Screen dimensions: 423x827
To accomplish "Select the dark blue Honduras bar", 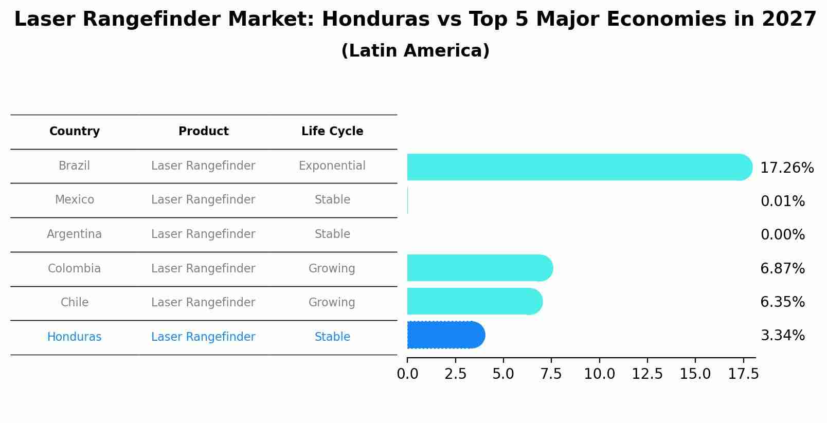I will (x=445, y=335).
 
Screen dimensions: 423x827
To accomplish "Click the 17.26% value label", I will (x=786, y=168).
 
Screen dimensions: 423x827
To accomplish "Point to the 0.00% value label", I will (x=782, y=235).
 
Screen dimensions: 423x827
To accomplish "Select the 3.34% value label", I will (x=782, y=336).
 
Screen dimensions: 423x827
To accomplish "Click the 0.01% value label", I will (x=782, y=201).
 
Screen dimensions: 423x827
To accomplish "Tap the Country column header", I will (x=75, y=132).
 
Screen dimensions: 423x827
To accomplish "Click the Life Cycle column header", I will (x=332, y=132).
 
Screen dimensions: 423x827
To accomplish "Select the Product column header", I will (x=203, y=132).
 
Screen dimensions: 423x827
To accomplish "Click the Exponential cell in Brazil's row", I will (x=332, y=166).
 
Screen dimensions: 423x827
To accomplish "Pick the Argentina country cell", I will (x=74, y=234).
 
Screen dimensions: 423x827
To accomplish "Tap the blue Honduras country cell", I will (x=74, y=337).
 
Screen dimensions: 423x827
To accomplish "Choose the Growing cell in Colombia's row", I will (x=332, y=269).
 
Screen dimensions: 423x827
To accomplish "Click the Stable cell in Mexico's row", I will (x=332, y=200).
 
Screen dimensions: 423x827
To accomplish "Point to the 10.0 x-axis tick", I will (x=599, y=374).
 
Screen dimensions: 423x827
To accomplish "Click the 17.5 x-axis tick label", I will (x=743, y=374).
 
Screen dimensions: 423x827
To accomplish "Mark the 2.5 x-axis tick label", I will (x=455, y=374).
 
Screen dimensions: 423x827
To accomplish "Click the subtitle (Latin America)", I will (x=415, y=51).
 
